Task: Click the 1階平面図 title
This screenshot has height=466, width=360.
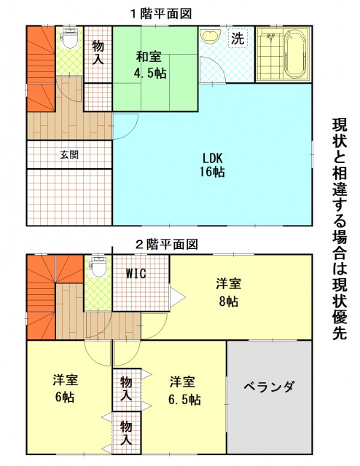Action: tap(162, 14)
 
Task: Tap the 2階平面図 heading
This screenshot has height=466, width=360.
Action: tap(167, 245)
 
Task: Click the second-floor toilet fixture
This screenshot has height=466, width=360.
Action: tap(98, 266)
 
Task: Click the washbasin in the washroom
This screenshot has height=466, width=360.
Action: tap(210, 36)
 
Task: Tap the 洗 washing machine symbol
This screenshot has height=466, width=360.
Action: tap(238, 37)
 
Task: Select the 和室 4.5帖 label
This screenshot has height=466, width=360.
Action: tap(149, 65)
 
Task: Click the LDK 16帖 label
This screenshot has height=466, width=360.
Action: tap(213, 165)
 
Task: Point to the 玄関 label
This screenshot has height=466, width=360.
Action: tap(69, 154)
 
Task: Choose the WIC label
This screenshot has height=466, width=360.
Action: tap(136, 274)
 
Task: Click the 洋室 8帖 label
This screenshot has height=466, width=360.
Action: tap(229, 293)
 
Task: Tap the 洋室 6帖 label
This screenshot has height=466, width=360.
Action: tap(65, 388)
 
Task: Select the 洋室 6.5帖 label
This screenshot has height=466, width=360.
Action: tap(184, 391)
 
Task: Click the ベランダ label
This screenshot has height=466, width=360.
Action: tap(270, 387)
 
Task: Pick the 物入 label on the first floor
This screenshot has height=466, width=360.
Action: tap(98, 53)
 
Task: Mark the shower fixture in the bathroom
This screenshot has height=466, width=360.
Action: tap(270, 37)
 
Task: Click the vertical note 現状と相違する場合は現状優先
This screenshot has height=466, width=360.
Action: tap(340, 229)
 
